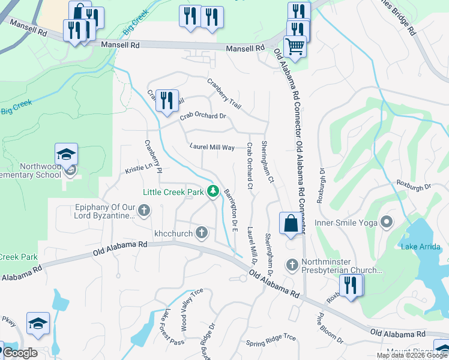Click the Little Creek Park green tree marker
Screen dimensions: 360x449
click(x=212, y=191)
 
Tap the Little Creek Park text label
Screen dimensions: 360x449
click(x=173, y=192)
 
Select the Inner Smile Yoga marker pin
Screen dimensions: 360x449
click(x=387, y=223)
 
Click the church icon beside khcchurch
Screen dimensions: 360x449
click(x=202, y=232)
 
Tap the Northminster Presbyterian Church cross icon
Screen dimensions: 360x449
click(x=292, y=264)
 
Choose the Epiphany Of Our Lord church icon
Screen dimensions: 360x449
click(x=143, y=210)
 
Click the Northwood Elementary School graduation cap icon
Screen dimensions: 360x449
click(x=67, y=154)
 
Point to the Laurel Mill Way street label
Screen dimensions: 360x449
click(x=212, y=146)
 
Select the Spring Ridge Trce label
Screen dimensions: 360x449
click(x=271, y=341)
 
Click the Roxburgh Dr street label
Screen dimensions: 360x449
click(x=414, y=186)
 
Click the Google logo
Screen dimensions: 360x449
click(x=19, y=353)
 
